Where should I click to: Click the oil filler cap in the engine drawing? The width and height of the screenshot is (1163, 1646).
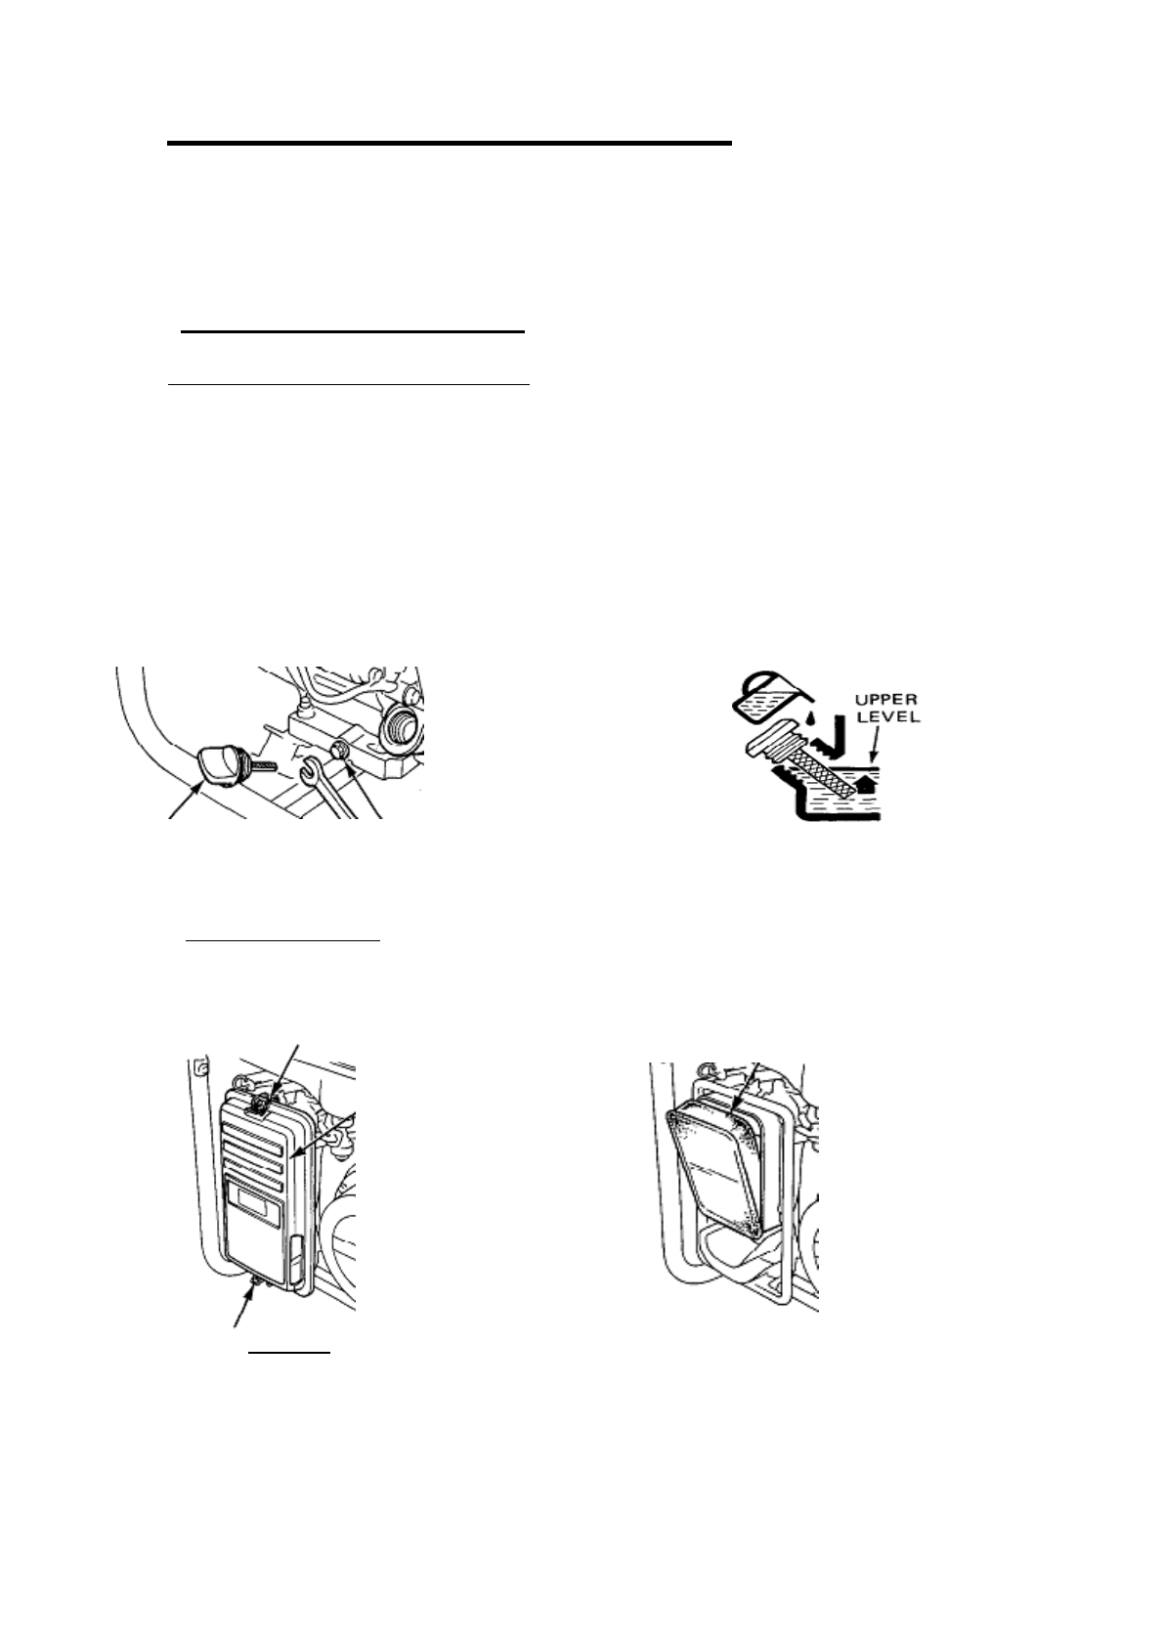[x=218, y=763]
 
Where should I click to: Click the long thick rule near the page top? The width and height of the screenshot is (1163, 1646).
[x=449, y=144]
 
